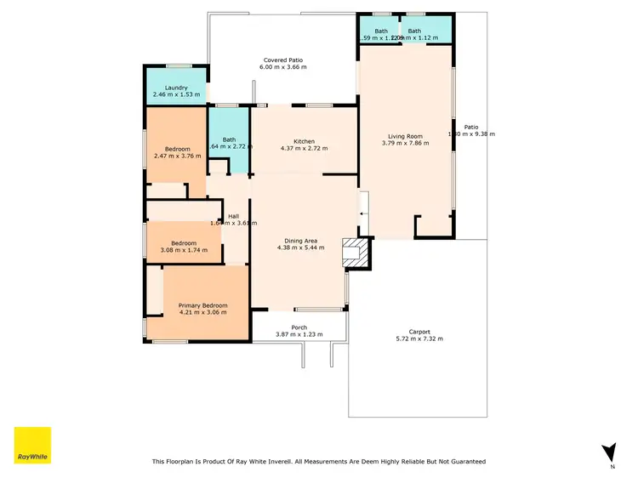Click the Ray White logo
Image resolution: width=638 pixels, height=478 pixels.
pos(32,445)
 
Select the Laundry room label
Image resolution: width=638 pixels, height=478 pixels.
pos(176,88)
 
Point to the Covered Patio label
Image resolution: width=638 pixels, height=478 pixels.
pos(282,60)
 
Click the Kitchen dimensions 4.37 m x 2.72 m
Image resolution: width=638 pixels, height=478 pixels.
pos(304,148)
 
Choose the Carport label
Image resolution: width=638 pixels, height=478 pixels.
pos(419,332)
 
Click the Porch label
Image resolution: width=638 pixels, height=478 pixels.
pos(299,327)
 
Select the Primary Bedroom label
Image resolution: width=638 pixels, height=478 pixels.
pos(202,305)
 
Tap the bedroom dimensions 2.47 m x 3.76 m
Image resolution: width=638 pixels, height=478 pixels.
pos(178,156)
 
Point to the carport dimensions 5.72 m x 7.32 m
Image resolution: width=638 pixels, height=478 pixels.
pos(419,339)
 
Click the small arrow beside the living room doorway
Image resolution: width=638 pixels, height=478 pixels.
pos(363,215)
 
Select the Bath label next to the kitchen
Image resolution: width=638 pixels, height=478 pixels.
pos(229,139)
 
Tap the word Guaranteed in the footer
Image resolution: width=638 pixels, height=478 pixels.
pos(465,461)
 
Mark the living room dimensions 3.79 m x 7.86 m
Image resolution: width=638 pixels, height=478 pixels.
pos(406,143)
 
